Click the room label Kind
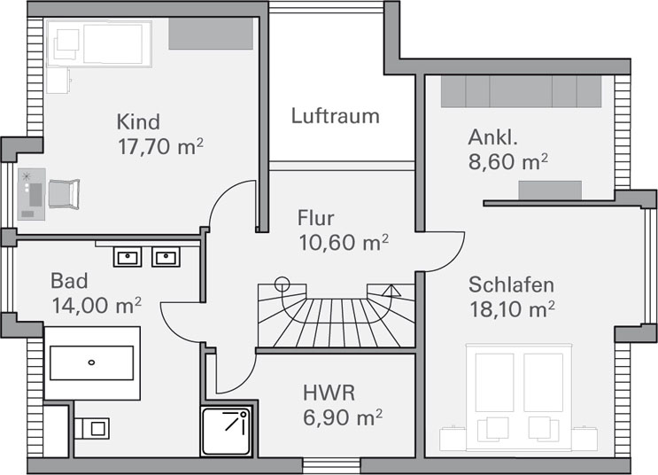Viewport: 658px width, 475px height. point(138,121)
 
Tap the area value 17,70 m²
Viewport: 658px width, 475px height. point(160,146)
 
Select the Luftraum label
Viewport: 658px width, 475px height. point(335,116)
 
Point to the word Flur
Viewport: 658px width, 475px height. point(315,218)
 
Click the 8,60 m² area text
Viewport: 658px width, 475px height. point(508,161)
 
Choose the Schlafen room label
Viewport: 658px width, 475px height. point(511,284)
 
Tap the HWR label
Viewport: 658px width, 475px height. point(329,393)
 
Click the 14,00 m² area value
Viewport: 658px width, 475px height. point(97,306)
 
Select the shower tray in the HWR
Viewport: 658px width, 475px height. point(227,432)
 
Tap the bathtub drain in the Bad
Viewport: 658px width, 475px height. point(91,362)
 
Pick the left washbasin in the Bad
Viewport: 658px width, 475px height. point(128,257)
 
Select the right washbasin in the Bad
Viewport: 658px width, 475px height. point(166,257)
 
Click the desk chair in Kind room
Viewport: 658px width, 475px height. point(64,193)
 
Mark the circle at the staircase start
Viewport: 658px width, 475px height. point(282,284)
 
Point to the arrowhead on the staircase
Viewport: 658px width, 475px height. point(391,291)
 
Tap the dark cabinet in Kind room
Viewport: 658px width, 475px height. point(211,34)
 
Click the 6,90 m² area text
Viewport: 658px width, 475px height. point(343,417)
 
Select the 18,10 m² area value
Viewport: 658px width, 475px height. point(513,309)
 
